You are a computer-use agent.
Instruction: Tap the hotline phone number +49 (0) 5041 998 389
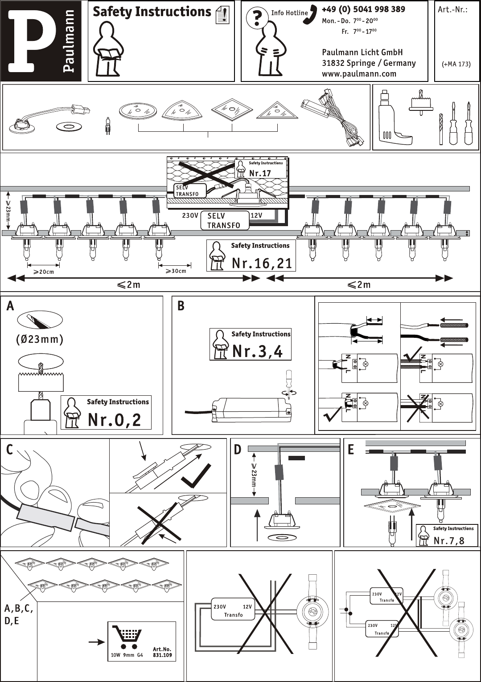tap(363, 9)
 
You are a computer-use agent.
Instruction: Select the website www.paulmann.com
tap(359, 74)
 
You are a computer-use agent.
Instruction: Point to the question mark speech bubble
tap(257, 18)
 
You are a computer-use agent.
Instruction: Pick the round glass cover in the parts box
tap(138, 110)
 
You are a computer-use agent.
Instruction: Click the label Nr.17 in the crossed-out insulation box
tap(260, 173)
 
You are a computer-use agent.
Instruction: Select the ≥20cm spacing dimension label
tap(44, 272)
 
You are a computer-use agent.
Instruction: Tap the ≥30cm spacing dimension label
tap(176, 271)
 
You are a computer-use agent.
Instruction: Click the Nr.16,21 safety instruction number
tap(262, 263)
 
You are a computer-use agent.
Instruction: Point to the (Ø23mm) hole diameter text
tap(40, 339)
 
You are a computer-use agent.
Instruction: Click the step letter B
tap(181, 306)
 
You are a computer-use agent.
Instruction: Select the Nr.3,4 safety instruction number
tap(257, 351)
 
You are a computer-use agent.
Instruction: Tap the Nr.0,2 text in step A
tap(114, 420)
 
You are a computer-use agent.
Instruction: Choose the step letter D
tap(238, 450)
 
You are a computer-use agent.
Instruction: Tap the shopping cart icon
tap(127, 637)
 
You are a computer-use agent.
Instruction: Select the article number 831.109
tap(162, 655)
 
